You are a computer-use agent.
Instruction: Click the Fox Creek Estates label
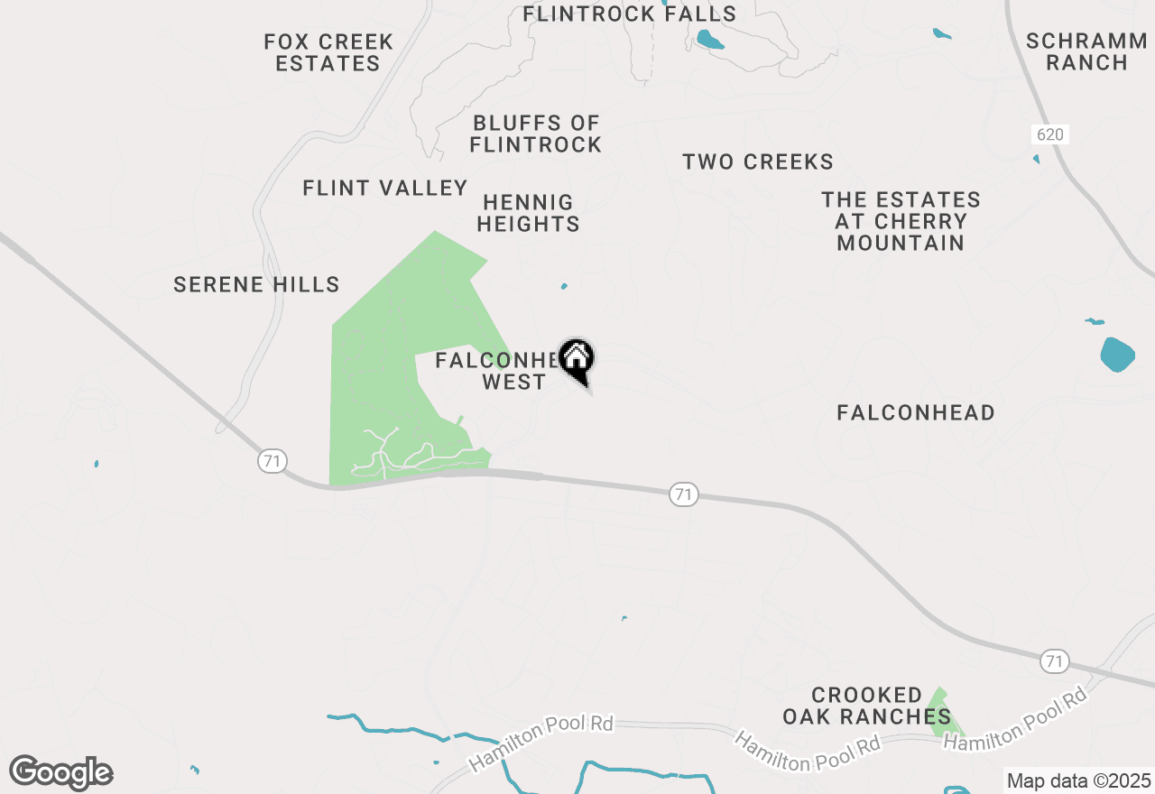[x=328, y=52]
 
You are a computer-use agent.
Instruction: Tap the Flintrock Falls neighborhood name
[x=630, y=14]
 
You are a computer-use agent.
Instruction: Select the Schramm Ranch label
[x=1087, y=51]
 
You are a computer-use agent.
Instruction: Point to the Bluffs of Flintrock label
[x=536, y=134]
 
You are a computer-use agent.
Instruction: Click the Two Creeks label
[x=758, y=162]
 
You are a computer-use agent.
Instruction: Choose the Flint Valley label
[x=385, y=188]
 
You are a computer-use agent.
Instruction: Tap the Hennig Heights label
[x=528, y=213]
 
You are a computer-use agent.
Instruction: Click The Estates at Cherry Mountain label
[x=901, y=221]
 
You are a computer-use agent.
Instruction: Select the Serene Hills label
[x=256, y=285]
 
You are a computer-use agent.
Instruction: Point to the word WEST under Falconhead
[x=513, y=383]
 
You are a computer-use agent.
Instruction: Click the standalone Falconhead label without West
[x=916, y=413]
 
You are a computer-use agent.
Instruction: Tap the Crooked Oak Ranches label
[x=866, y=706]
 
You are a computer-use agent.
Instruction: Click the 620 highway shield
[x=1049, y=134]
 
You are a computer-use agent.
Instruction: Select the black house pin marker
[x=576, y=359]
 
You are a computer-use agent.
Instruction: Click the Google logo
[x=61, y=772]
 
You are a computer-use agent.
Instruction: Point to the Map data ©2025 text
[x=1078, y=780]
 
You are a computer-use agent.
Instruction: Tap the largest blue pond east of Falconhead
[x=1117, y=355]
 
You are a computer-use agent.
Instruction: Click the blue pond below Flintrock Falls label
[x=709, y=40]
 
